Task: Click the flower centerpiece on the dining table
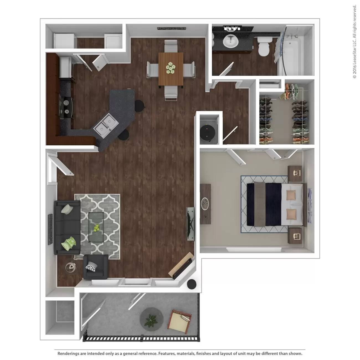coord(171,68)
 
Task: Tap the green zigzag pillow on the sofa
coord(68,243)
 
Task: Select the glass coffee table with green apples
coord(96,223)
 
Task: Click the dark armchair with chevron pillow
coord(95,267)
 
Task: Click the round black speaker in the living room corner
coord(192,284)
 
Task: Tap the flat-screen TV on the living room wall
coord(191,223)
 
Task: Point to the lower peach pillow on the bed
coord(292,214)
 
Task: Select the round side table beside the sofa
coord(70,267)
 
